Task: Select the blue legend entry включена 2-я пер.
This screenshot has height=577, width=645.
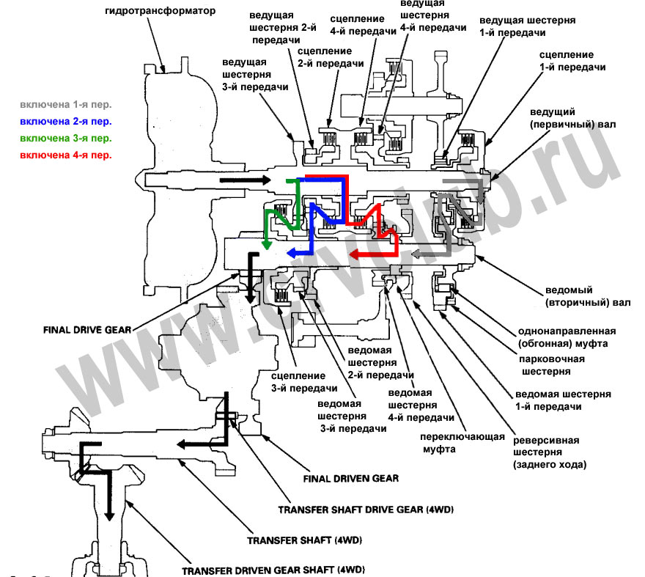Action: [x=66, y=121]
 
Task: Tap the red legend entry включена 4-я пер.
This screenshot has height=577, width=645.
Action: [x=66, y=155]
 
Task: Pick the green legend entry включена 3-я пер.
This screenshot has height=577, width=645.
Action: [x=66, y=138]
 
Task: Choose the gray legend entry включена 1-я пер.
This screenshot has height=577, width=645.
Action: [x=66, y=104]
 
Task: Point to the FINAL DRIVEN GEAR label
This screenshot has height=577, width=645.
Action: [x=350, y=478]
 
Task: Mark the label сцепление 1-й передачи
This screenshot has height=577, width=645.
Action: [x=572, y=60]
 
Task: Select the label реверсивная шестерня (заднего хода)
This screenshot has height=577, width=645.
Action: [x=547, y=452]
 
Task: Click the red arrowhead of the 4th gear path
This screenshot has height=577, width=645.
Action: [x=353, y=254]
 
